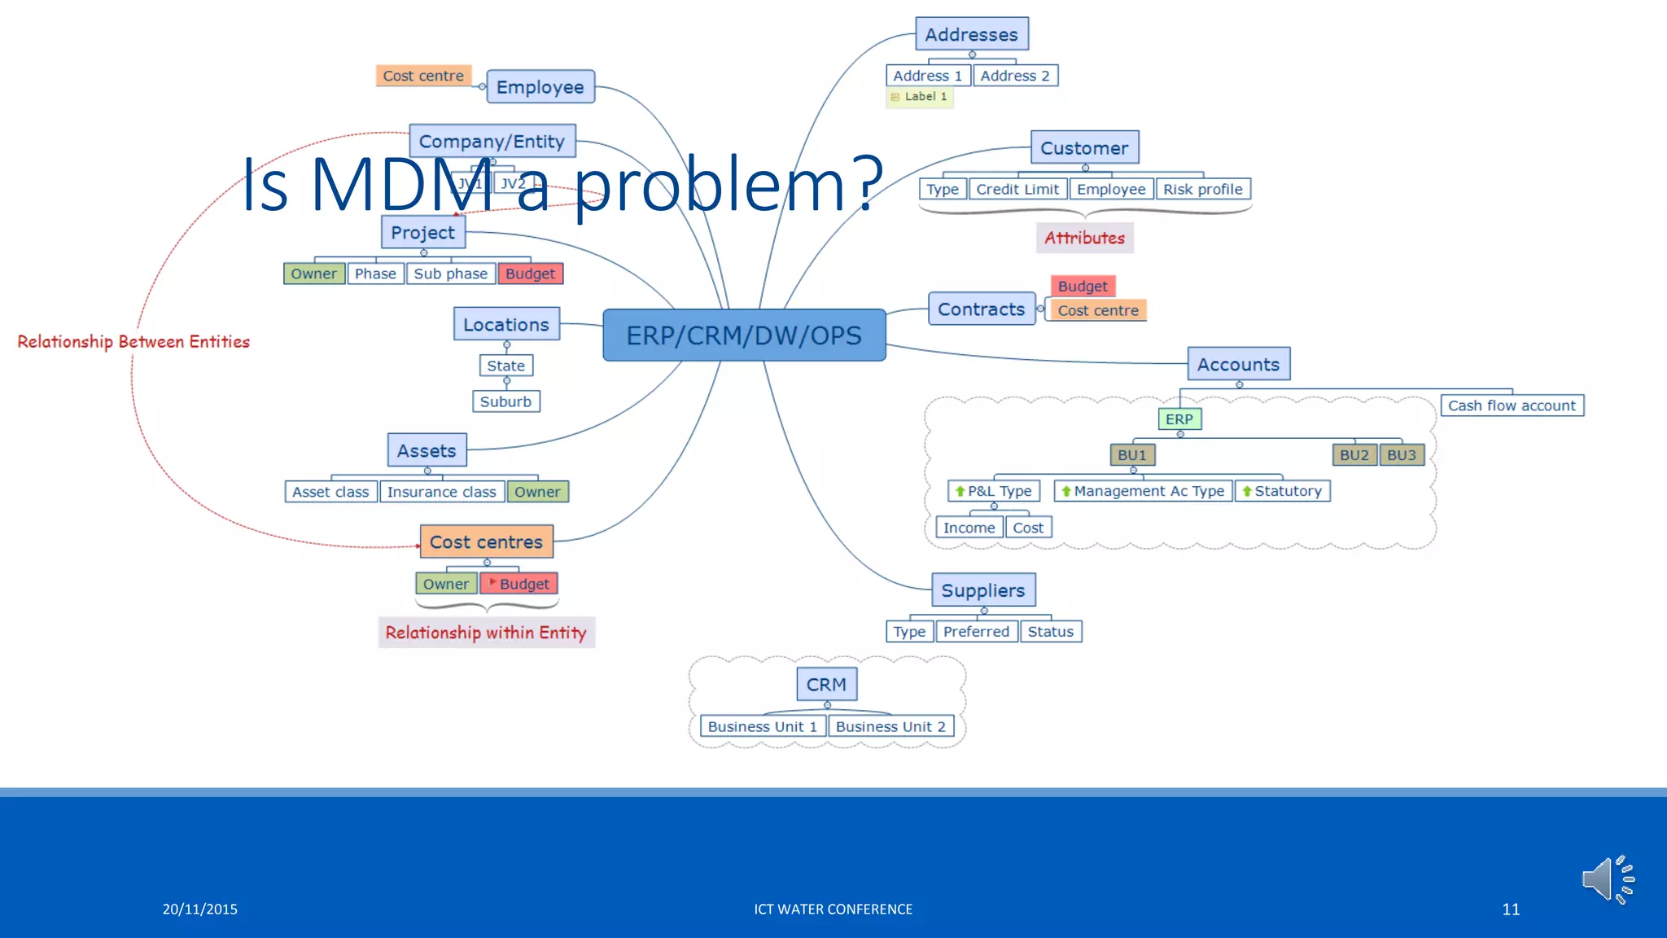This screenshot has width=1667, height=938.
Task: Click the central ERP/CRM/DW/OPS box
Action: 744,335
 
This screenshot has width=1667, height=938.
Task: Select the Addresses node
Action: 971,34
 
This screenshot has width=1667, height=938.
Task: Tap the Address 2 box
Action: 1015,76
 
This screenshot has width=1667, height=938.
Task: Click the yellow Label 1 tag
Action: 920,97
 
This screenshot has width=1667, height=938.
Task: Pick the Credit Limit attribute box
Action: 1017,189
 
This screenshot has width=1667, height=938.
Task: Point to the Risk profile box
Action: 1202,189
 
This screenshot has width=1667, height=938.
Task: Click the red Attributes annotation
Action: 1084,238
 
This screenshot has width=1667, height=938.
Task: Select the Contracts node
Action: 981,309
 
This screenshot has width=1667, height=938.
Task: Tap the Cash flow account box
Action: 1512,405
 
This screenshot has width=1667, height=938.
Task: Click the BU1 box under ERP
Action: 1131,455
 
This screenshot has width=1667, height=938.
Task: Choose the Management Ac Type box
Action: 1143,491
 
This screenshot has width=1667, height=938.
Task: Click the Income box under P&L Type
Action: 969,528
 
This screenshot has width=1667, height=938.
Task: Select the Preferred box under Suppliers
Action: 976,631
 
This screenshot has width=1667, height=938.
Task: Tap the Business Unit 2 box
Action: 890,726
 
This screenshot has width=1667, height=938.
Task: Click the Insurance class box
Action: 441,492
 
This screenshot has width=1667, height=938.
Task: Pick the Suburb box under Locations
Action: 505,401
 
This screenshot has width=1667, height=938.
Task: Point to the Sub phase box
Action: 450,274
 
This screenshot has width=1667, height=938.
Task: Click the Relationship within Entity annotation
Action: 486,633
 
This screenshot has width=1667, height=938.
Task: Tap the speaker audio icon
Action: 1608,879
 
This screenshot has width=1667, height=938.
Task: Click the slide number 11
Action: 1511,910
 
